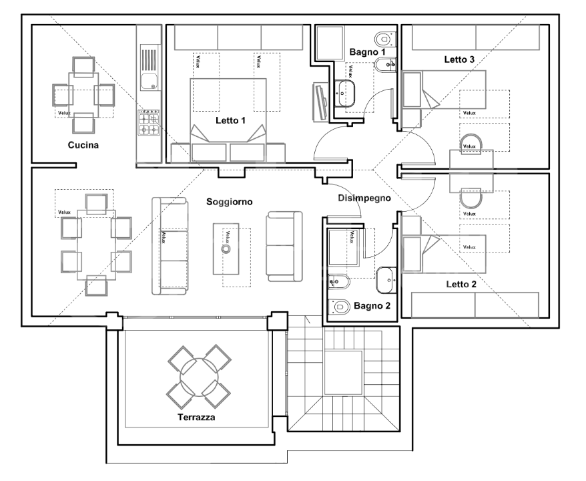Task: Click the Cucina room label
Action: [83, 145]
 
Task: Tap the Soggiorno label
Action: [230, 202]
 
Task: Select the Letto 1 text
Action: [230, 120]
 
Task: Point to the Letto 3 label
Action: [459, 59]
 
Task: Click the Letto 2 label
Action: [461, 285]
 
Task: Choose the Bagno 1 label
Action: [367, 52]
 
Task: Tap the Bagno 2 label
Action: [372, 306]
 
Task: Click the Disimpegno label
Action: [364, 198]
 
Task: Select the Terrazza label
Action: [196, 417]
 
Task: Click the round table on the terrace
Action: [199, 377]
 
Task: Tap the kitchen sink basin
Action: [149, 81]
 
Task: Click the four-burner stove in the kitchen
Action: [149, 122]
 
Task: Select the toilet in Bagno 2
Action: [338, 307]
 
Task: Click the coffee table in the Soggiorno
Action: [226, 249]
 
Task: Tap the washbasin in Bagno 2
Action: [386, 280]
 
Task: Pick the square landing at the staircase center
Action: [343, 373]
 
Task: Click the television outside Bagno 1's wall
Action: [320, 102]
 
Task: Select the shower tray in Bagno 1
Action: [330, 43]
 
